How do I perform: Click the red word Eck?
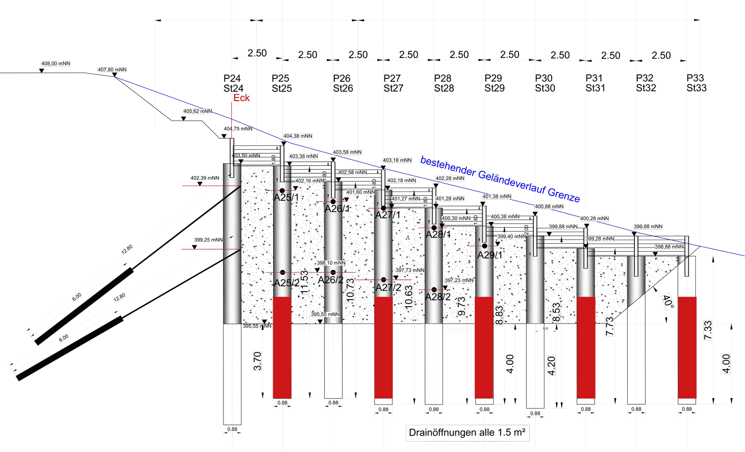(x=241, y=98)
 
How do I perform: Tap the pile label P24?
(x=232, y=78)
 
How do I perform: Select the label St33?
(x=696, y=88)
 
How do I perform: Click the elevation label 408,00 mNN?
(x=56, y=64)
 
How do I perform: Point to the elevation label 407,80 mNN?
(x=112, y=70)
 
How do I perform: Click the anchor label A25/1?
(x=287, y=197)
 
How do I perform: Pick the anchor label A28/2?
(x=438, y=297)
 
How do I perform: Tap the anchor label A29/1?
(x=490, y=255)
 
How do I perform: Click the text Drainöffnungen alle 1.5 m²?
(x=467, y=433)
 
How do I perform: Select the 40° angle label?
(x=669, y=302)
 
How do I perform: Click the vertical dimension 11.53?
(x=304, y=282)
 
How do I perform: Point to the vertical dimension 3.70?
(x=257, y=361)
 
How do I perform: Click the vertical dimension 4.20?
(x=551, y=366)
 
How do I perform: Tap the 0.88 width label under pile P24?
(x=232, y=429)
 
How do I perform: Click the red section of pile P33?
(x=687, y=347)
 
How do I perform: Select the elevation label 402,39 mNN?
(x=205, y=178)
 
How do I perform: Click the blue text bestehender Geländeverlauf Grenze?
(x=500, y=179)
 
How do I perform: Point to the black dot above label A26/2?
(x=333, y=272)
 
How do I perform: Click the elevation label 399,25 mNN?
(x=208, y=240)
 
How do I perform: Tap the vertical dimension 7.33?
(x=708, y=330)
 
